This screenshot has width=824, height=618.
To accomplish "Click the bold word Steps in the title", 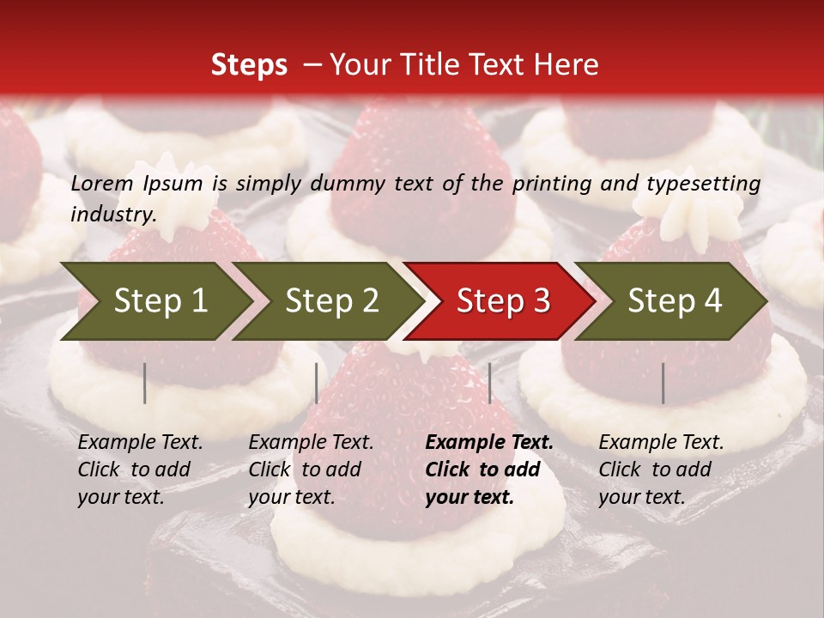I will tap(249, 65).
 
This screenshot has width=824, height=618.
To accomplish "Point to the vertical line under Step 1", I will tap(145, 383).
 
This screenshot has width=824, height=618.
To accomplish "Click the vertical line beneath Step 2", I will tap(317, 383).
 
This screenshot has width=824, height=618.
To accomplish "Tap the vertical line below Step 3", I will tap(489, 383).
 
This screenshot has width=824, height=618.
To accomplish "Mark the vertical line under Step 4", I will tap(663, 383).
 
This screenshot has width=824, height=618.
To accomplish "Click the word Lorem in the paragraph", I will tap(102, 184).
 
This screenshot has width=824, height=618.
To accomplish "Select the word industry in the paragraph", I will tap(112, 215).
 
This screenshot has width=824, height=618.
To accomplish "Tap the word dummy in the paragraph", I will tap(348, 184).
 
